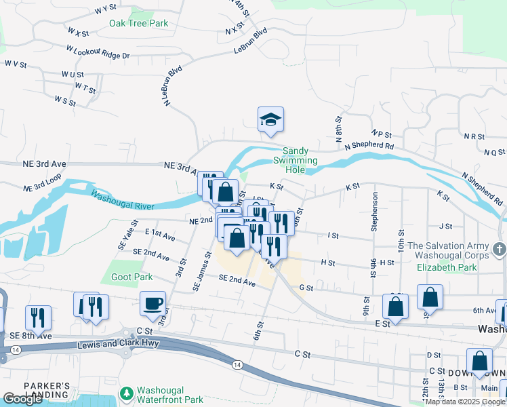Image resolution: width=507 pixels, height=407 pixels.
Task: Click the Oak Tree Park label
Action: (x=139, y=23)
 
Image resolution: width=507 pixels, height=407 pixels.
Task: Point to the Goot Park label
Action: (x=133, y=277)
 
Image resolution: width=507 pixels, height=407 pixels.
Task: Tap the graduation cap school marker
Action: (x=270, y=119)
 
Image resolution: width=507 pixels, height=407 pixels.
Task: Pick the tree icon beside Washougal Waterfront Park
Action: (x=125, y=393)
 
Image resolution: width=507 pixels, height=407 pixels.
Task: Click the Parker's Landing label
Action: (x=47, y=390)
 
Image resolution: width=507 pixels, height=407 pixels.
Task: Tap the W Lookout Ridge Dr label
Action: (x=98, y=52)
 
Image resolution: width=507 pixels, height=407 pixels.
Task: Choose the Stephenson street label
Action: (x=373, y=212)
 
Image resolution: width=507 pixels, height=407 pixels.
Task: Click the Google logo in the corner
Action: (x=22, y=399)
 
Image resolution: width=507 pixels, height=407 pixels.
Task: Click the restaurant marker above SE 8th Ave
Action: (x=38, y=316)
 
